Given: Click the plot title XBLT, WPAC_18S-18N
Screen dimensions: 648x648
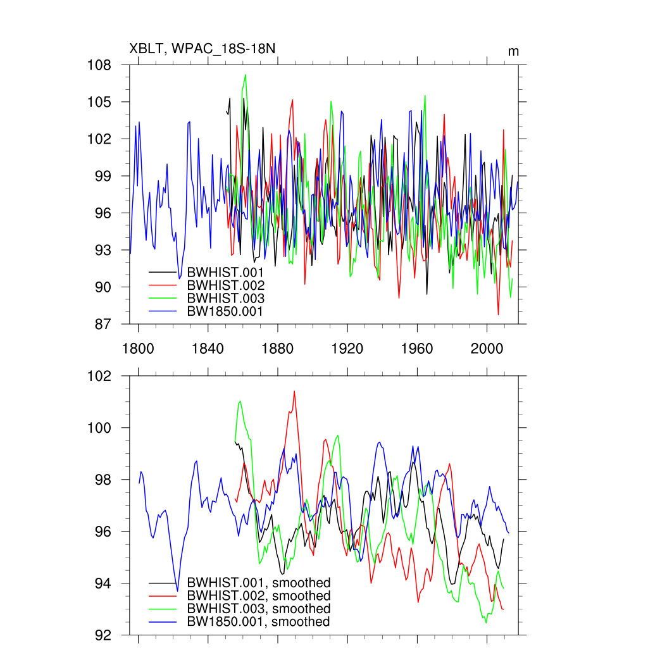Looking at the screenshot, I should click(202, 49).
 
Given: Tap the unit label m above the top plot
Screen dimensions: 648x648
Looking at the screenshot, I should click(513, 51).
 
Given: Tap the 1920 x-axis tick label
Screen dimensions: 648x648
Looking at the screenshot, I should click(347, 349).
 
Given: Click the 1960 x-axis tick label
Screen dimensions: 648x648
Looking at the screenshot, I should click(417, 349).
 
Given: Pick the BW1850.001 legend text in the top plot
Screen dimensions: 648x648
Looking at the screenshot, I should click(225, 311).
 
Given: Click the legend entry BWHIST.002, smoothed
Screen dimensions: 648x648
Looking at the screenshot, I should click(259, 596).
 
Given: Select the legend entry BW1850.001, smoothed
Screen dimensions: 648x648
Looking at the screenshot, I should click(259, 622).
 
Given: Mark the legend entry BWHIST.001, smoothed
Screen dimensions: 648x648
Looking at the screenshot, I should click(259, 583).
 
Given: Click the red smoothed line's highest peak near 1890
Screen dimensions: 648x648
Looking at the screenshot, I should click(294, 391).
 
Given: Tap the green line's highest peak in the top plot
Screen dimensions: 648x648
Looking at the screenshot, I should click(246, 75).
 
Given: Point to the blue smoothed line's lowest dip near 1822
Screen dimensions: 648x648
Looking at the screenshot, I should click(177, 591).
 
